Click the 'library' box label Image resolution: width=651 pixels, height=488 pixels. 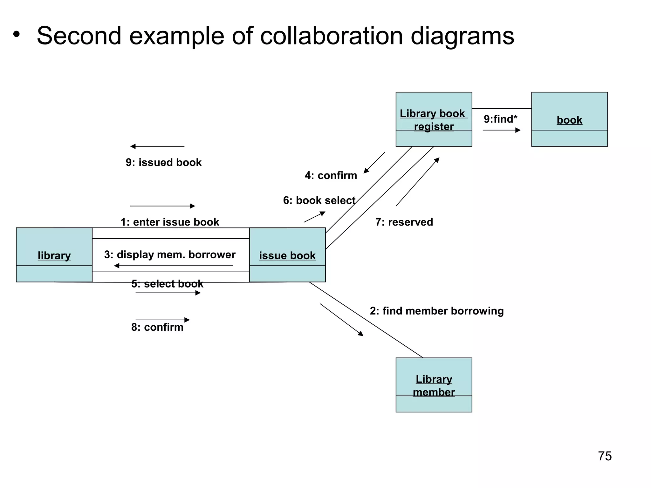point(54,255)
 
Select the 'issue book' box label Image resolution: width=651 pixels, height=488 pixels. point(287,255)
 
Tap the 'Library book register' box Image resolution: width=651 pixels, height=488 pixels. point(434,119)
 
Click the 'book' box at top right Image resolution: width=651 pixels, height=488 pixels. point(569,119)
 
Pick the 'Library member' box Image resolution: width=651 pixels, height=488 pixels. point(434,385)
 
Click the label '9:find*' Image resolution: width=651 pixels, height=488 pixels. point(500,119)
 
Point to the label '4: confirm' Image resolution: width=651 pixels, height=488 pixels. point(331,175)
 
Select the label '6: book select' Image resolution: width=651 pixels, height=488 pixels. point(319,200)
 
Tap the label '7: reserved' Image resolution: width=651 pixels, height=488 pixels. point(404,222)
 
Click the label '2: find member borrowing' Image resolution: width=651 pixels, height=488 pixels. point(436,311)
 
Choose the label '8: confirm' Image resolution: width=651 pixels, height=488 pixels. point(157,327)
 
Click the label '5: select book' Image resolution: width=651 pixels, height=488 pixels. point(167,284)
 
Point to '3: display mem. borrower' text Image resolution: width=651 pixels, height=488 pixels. point(170,254)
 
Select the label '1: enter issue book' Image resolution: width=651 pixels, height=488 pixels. point(170,222)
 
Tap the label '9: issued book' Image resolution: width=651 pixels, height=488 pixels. point(163,162)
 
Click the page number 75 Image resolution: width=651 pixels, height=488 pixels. point(605,456)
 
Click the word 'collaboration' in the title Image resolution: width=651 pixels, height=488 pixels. point(332,36)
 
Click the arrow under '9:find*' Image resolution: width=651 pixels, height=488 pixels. point(501,130)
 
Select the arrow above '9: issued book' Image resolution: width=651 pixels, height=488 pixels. point(157,146)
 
